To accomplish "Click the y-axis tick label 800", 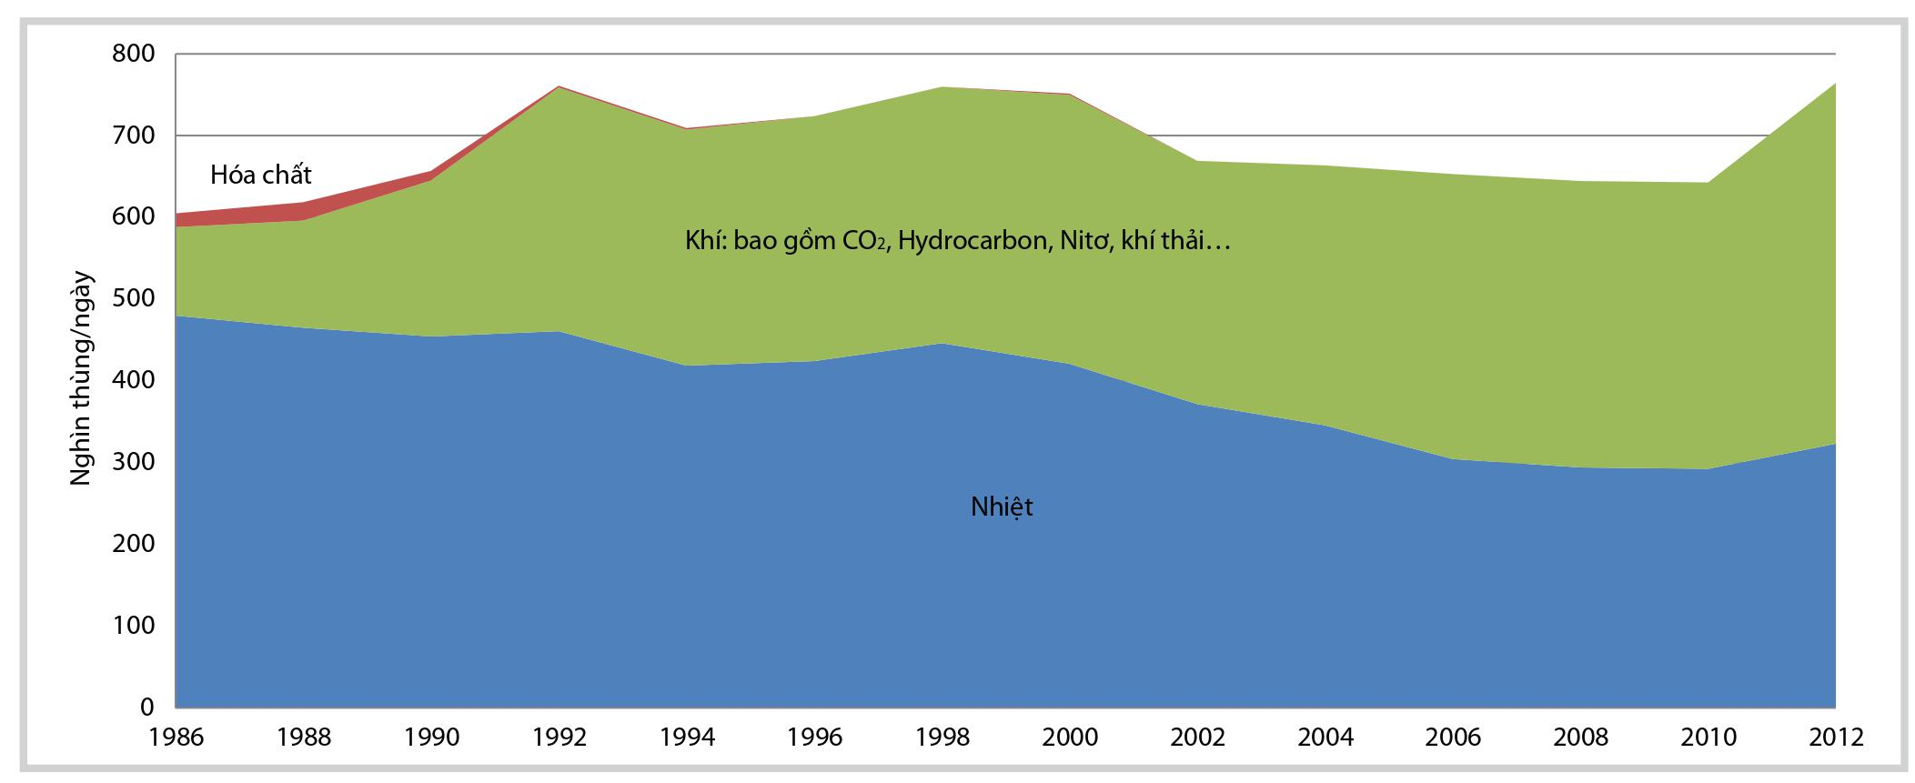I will [134, 54].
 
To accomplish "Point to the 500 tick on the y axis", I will [134, 298].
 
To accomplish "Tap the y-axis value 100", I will [134, 625].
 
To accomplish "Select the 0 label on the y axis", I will [146, 707].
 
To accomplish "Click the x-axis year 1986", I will [176, 737].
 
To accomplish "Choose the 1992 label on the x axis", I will [559, 737].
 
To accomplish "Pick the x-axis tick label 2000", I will [1070, 737].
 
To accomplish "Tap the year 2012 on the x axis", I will [1836, 737].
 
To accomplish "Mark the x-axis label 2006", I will [1453, 737].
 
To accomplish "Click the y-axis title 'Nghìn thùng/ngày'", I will [81, 378].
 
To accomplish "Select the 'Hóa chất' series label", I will [261, 175].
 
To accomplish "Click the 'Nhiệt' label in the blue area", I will [1002, 507].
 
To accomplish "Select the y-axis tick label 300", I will [134, 462].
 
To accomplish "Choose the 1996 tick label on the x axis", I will [814, 737].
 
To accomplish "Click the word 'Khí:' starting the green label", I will [706, 241].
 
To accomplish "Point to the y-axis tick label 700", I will [134, 136].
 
